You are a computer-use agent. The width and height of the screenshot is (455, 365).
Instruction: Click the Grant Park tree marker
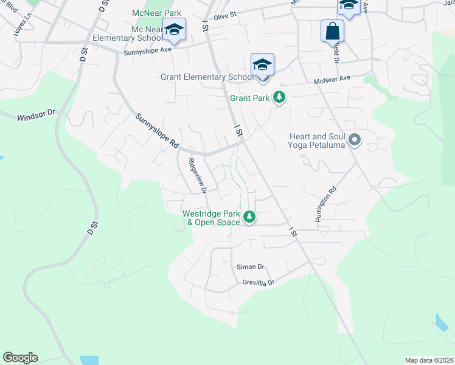coord(279,97)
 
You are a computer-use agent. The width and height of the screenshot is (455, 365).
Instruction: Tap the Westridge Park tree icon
coord(249,217)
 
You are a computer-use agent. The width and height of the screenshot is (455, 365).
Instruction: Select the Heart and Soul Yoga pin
coord(355,141)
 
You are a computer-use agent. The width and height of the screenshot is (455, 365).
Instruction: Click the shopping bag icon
coord(333,31)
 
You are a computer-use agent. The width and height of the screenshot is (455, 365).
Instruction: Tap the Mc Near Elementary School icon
coord(174,30)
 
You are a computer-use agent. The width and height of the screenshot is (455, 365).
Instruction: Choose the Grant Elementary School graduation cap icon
coord(262,64)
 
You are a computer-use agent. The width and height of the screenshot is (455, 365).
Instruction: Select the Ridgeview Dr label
coord(198,175)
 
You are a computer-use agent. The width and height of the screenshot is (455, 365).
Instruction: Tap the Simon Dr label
coord(251,267)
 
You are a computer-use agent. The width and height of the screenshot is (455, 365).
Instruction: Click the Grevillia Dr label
coord(259,283)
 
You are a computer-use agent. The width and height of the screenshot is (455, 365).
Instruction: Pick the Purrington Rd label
coord(325,204)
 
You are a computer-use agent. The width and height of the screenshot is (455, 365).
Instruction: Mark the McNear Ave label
coord(332,79)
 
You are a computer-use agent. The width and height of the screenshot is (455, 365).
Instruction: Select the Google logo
coord(21,358)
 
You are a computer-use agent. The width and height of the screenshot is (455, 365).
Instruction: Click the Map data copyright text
coord(429,360)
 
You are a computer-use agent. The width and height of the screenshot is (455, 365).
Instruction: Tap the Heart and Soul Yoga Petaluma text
coord(317,141)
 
